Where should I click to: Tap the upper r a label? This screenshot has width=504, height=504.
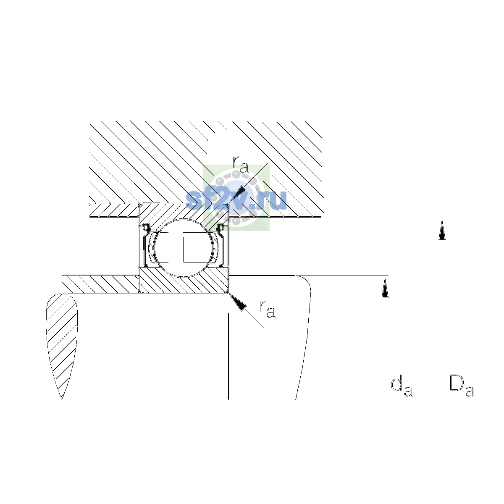pyautogui.click(x=240, y=165)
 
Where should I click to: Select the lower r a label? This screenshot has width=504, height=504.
pyautogui.click(x=267, y=309)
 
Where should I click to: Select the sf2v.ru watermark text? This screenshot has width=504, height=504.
pyautogui.click(x=236, y=200)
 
